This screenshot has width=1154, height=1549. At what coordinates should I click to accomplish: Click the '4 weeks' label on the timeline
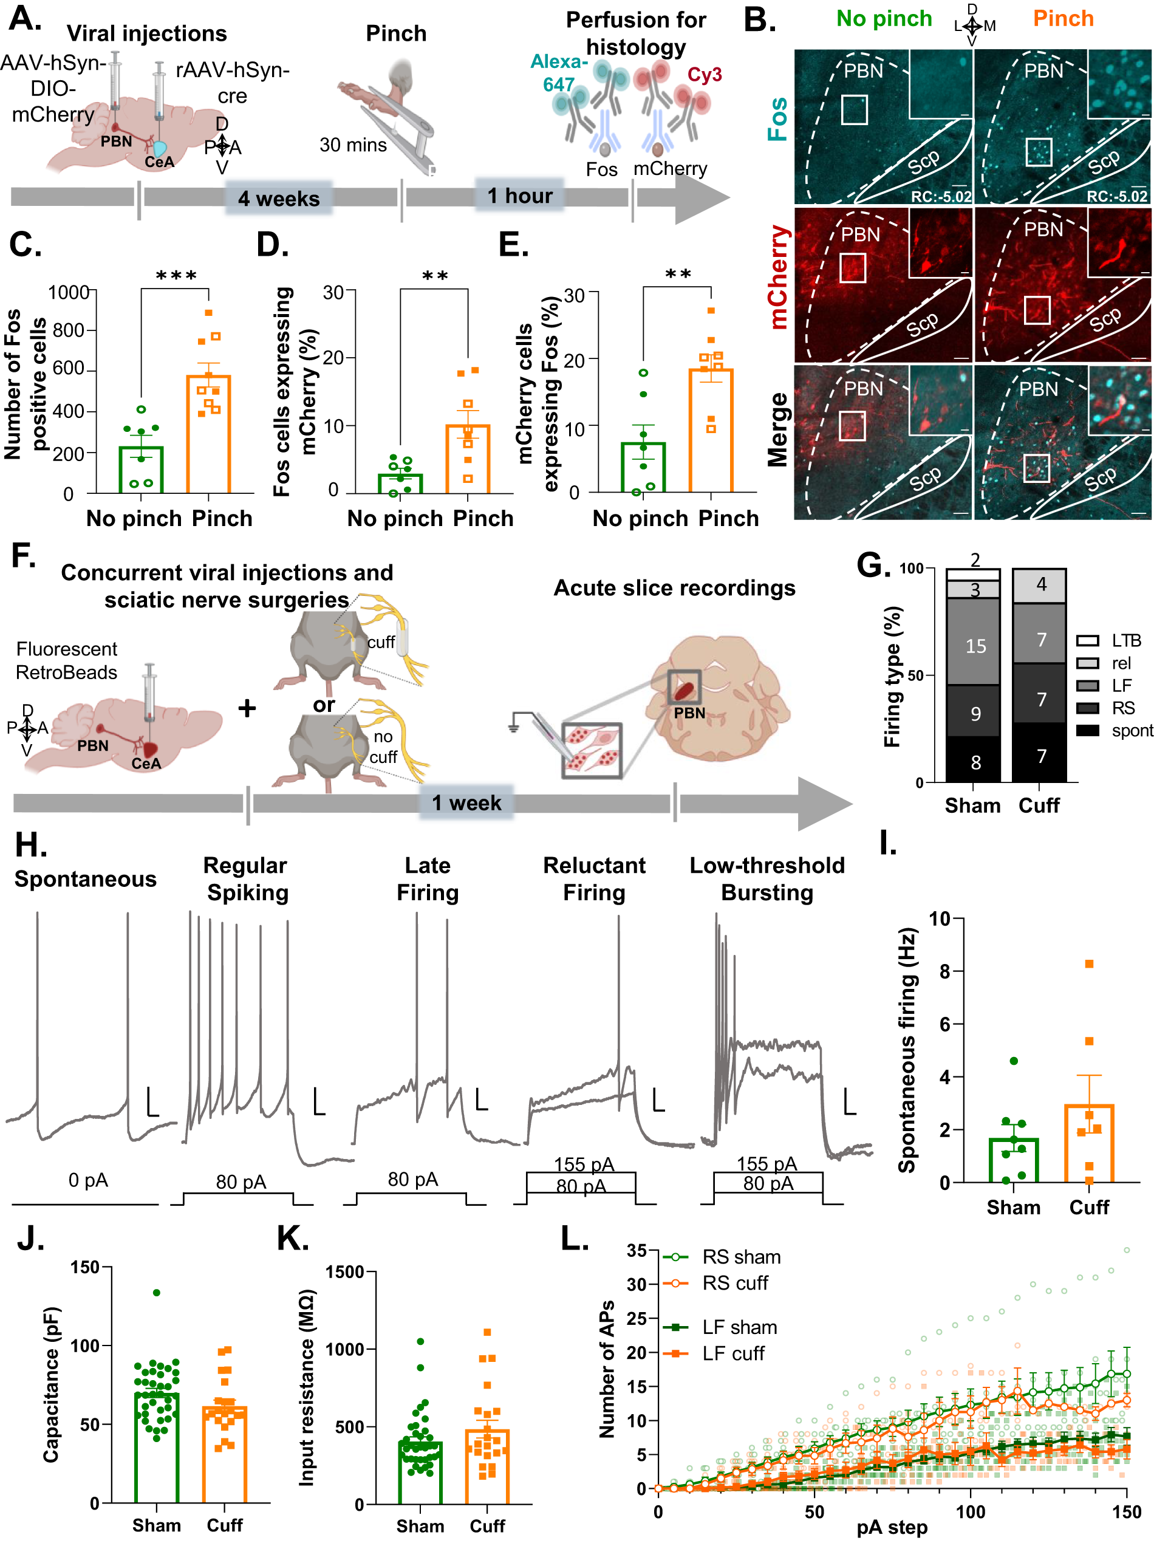click(x=278, y=199)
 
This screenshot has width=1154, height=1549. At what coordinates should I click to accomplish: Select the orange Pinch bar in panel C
click(x=208, y=433)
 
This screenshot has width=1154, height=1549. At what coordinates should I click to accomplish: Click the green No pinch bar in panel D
click(x=400, y=483)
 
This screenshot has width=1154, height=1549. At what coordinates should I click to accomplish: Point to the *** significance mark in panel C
click(x=176, y=276)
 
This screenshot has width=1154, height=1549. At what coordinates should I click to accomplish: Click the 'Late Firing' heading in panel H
click(x=428, y=878)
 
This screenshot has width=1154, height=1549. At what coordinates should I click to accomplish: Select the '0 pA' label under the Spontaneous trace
click(x=88, y=1180)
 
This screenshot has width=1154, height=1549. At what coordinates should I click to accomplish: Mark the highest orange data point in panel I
click(x=1089, y=964)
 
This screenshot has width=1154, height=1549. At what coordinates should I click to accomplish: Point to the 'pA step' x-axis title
click(x=892, y=1527)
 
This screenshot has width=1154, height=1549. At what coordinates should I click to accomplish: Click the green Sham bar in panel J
click(x=157, y=1446)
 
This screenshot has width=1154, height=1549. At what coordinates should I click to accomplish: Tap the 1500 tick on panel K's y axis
click(x=344, y=1271)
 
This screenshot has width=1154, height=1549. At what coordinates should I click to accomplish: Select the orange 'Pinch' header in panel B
click(x=1062, y=19)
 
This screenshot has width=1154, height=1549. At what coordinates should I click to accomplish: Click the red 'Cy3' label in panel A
click(x=704, y=75)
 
